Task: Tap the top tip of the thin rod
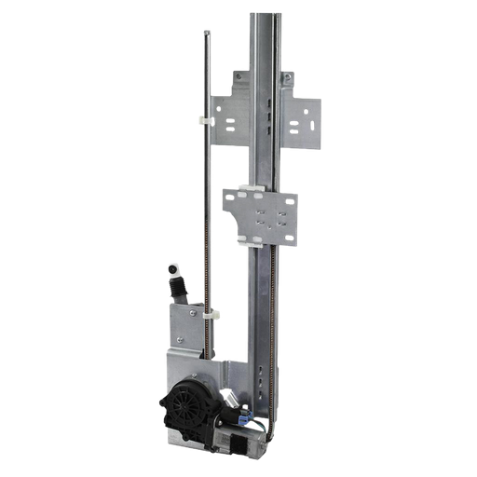coord(205,33)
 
